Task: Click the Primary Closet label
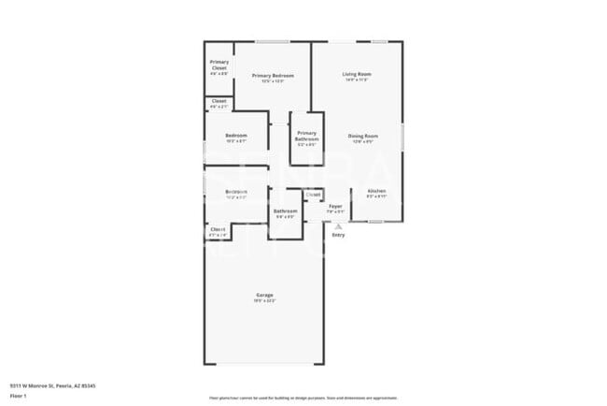coord(219,65)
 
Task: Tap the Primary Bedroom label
coord(273,77)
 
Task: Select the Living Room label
coord(356,76)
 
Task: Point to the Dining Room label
coord(362,138)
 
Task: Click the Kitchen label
coord(375,194)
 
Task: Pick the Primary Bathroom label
coord(307,138)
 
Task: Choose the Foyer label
coord(335,207)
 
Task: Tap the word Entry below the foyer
coord(338,235)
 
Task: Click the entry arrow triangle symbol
coord(338,225)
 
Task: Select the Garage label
coord(264,297)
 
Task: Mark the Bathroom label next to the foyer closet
coord(285,212)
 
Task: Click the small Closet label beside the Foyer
coord(313,195)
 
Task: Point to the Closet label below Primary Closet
coord(219,103)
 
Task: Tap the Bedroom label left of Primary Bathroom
coord(235,138)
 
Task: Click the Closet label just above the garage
coord(218,230)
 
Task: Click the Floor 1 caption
coord(18,397)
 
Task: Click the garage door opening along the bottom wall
coord(264,364)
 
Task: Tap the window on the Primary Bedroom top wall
coord(272,41)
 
